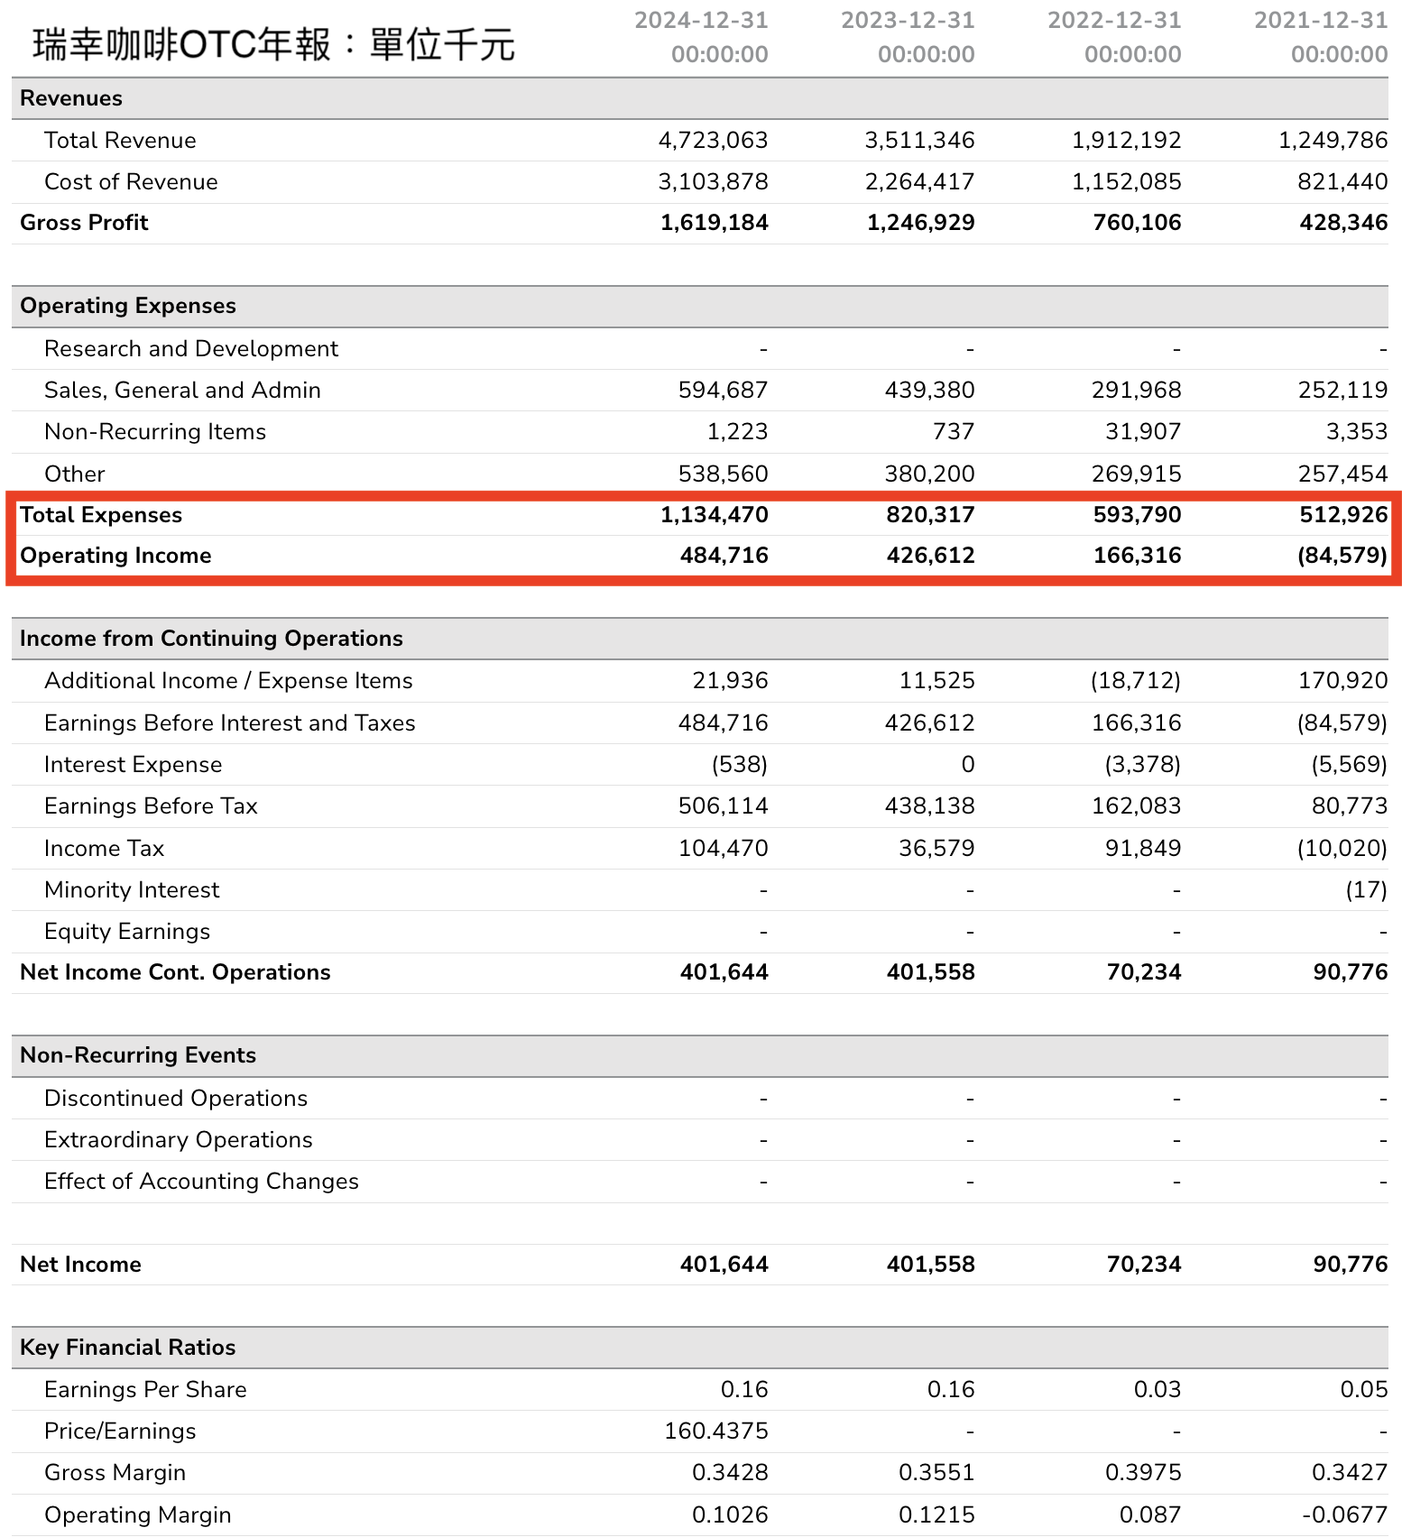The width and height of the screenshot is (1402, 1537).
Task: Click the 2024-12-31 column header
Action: pyautogui.click(x=701, y=37)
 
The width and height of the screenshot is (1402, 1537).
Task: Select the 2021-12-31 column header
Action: pyautogui.click(x=1321, y=37)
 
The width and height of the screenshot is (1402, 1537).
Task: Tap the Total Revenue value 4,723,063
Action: pyautogui.click(x=713, y=141)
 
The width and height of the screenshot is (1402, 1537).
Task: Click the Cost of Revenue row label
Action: pyautogui.click(x=131, y=182)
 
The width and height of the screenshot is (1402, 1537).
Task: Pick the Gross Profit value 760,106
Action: pyautogui.click(x=1137, y=223)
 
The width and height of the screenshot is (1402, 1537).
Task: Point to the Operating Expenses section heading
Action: pyautogui.click(x=128, y=306)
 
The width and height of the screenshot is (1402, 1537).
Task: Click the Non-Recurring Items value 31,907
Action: pyautogui.click(x=1143, y=432)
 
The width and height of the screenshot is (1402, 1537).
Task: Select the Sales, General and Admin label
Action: pyautogui.click(x=182, y=391)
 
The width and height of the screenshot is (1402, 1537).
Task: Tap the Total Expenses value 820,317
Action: pyautogui.click(x=930, y=515)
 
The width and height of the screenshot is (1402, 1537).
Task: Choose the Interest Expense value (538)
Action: pyautogui.click(x=740, y=765)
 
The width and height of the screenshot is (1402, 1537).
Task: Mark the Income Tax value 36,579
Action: pyautogui.click(x=936, y=849)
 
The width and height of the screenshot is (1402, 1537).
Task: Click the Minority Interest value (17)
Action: pyautogui.click(x=1366, y=890)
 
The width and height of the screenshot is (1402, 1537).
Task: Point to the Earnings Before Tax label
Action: pyautogui.click(x=151, y=806)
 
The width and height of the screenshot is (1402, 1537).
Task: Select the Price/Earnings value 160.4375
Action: pyautogui.click(x=716, y=1431)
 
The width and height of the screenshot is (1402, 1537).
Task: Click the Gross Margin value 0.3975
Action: pyautogui.click(x=1143, y=1473)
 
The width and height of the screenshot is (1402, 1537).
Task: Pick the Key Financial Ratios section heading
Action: pyautogui.click(x=127, y=1348)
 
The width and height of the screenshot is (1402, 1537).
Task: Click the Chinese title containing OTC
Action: pyautogui.click(x=273, y=43)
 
